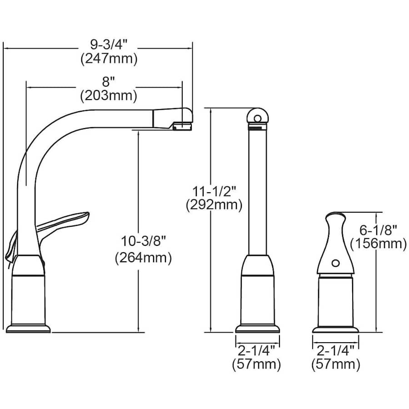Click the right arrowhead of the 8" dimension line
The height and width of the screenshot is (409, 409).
click(x=180, y=88)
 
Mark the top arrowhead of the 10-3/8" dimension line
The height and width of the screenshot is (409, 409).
click(x=138, y=133)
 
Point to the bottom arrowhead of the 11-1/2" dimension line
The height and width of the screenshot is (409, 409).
click(x=211, y=330)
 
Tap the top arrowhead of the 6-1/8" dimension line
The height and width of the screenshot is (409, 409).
click(x=376, y=215)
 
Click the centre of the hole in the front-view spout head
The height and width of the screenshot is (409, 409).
click(x=257, y=119)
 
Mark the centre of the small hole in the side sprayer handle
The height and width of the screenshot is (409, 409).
click(x=335, y=263)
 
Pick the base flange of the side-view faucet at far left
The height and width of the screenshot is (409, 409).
click(x=28, y=329)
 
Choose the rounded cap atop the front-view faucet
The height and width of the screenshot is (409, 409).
click(x=257, y=115)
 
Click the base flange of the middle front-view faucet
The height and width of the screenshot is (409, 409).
click(x=258, y=329)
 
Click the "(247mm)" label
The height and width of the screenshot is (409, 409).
click(x=109, y=59)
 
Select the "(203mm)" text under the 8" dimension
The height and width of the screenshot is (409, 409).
click(x=109, y=96)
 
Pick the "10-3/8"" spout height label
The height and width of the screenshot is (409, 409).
click(x=144, y=241)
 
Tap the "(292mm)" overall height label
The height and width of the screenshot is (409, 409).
click(x=214, y=205)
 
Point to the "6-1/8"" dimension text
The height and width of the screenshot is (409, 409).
click(x=378, y=230)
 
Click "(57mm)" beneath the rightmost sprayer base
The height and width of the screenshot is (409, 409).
click(x=336, y=364)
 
